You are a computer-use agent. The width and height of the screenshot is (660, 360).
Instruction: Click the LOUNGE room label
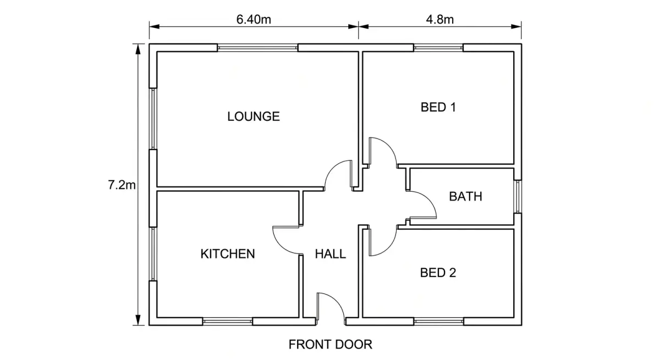[254, 117]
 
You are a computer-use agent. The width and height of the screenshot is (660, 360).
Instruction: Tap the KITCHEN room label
[228, 254]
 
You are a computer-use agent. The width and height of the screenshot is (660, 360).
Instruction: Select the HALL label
[331, 254]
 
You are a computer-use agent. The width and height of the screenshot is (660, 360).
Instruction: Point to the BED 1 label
[438, 107]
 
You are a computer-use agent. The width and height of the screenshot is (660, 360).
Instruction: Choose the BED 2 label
[438, 273]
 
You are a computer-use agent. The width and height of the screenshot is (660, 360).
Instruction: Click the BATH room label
[465, 196]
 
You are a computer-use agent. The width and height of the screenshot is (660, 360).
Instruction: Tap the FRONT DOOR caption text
[331, 345]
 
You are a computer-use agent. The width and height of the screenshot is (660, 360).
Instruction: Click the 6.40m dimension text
[254, 19]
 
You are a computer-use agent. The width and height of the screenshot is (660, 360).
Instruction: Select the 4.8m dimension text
[439, 19]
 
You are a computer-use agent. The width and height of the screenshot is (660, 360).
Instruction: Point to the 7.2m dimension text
[122, 185]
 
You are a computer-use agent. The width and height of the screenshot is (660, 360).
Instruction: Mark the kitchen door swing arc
[280, 246]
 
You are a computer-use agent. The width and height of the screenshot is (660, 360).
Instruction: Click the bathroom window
[518, 196]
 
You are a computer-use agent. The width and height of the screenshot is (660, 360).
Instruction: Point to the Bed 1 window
[438, 48]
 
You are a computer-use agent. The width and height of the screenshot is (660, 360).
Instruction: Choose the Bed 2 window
[438, 322]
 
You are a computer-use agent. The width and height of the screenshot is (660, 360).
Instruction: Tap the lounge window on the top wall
[257, 48]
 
